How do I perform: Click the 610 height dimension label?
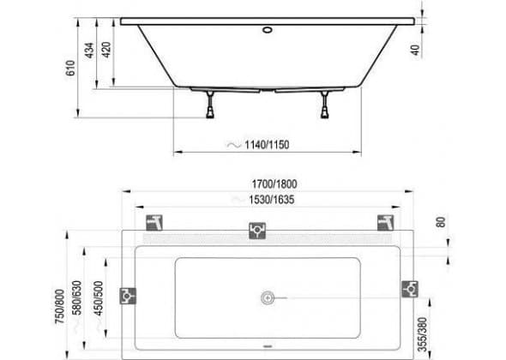(70, 68)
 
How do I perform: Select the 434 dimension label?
(89, 51)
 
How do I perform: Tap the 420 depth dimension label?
(106, 50)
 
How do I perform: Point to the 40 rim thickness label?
(416, 50)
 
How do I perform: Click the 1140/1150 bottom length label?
(267, 145)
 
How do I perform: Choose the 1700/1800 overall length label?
(274, 184)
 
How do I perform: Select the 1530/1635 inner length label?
(272, 200)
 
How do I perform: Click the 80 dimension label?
(441, 222)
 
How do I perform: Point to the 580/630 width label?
(77, 297)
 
